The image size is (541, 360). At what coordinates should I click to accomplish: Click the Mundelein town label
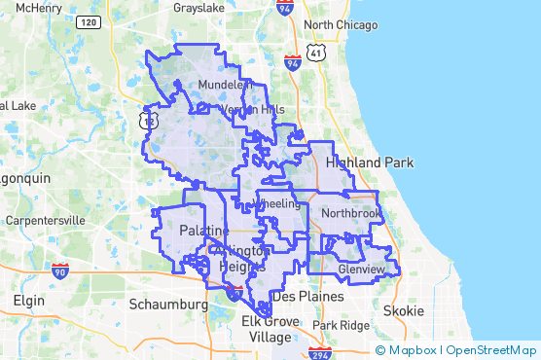click(225, 86)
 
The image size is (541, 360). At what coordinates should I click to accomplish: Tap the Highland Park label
click(371, 162)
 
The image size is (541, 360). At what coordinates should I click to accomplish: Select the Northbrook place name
click(351, 212)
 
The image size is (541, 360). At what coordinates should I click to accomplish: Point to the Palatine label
click(204, 231)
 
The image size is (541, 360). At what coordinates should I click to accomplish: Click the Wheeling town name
click(276, 203)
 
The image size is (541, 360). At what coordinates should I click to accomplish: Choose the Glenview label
click(362, 268)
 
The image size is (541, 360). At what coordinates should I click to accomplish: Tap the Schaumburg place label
click(173, 305)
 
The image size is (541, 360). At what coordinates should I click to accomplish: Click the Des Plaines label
click(307, 296)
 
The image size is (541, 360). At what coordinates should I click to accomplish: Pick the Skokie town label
click(403, 310)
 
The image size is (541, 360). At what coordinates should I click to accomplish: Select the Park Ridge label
click(341, 325)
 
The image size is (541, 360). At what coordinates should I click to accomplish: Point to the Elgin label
click(28, 301)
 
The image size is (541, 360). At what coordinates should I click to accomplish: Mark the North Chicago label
click(340, 24)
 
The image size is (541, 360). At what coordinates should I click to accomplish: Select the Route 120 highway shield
click(88, 21)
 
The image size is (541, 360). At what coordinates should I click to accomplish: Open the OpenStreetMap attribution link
click(492, 350)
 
